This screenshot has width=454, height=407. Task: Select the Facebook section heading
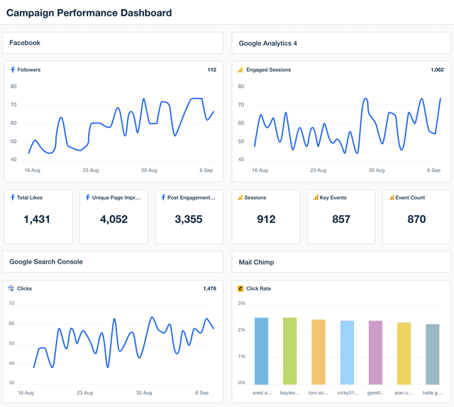25,43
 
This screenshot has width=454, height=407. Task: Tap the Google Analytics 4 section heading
267,43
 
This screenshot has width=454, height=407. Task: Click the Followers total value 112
211,70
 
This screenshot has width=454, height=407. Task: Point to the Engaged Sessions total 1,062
436,70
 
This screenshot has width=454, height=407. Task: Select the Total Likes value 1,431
37,219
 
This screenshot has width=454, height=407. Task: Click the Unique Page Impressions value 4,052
113,219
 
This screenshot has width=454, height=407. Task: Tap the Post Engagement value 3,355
189,219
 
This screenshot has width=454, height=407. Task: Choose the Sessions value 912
266,219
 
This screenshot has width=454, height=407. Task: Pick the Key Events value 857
341,219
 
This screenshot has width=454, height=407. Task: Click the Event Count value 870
416,219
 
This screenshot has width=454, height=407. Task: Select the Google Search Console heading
46,261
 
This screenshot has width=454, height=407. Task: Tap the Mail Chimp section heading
256,262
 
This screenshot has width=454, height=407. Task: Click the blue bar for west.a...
261,351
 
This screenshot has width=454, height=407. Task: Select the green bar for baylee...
289,351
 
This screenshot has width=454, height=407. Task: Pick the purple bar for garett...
375,352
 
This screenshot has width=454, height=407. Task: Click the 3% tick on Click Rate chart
241,303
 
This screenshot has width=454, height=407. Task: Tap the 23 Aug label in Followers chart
91,170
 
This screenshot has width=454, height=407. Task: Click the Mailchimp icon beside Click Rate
240,288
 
